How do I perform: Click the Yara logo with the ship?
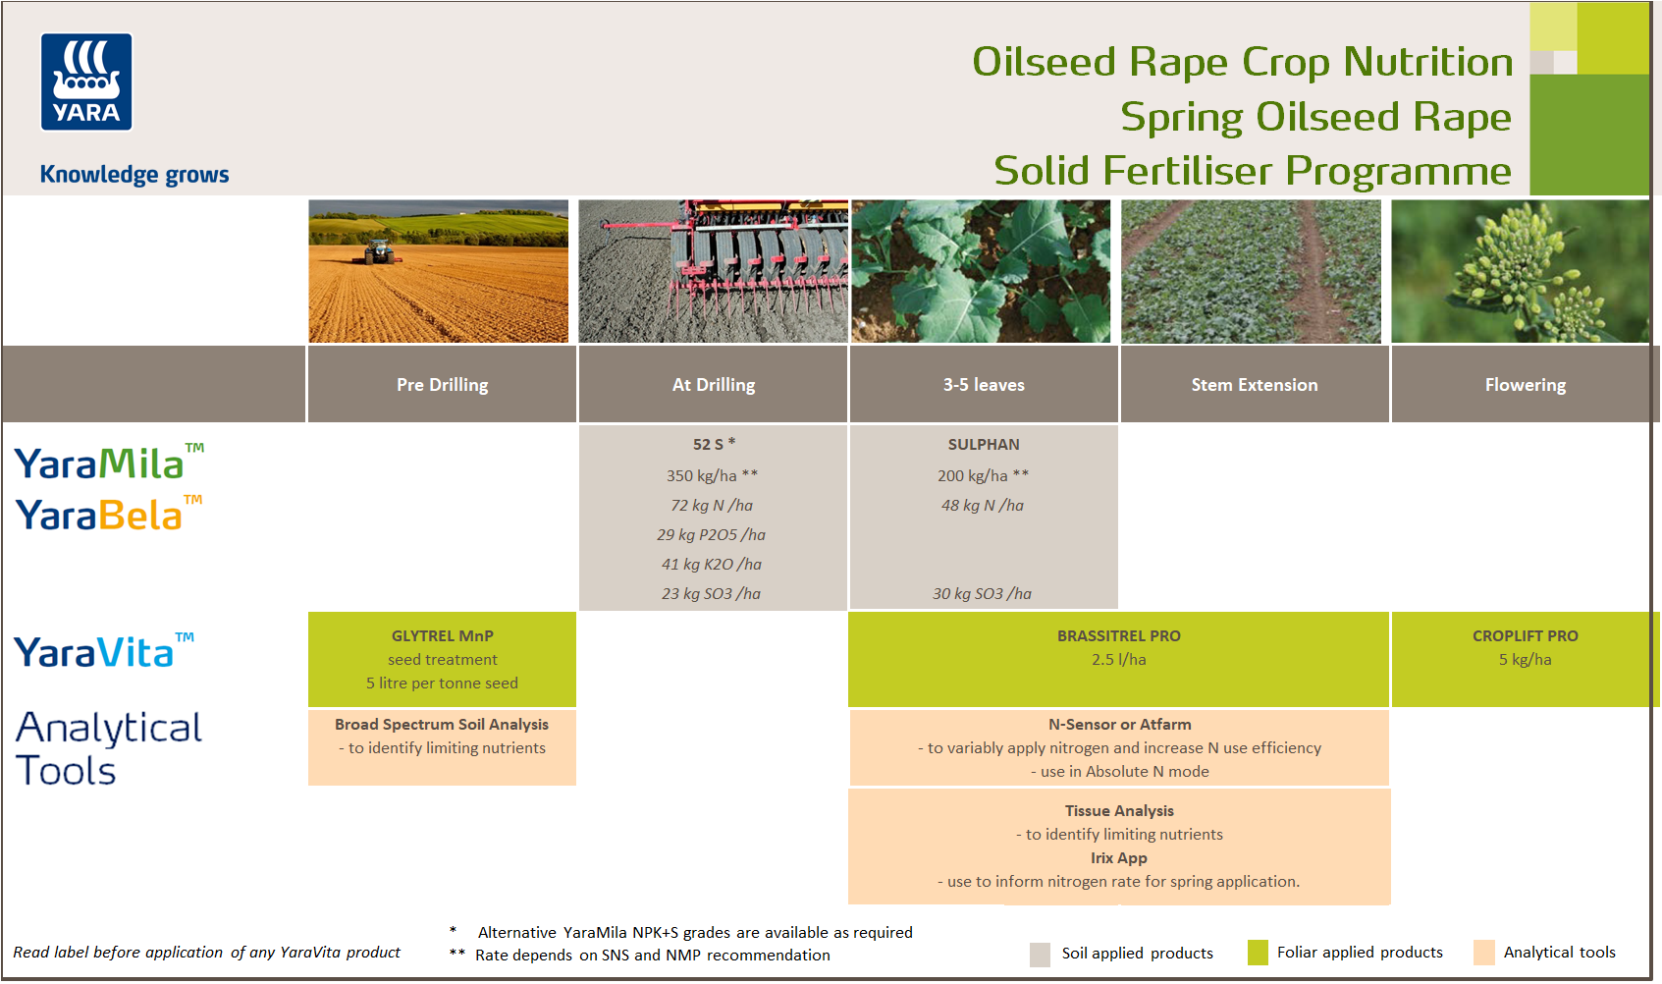coord(86,82)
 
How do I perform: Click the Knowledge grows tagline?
coord(134,175)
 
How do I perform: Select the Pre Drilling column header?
coord(442,385)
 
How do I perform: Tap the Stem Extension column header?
coord(1254,385)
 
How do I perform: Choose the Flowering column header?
coord(1525,385)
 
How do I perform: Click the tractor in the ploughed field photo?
coord(378,252)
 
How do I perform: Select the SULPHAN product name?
coord(983,445)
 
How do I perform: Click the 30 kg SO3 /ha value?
coord(982,594)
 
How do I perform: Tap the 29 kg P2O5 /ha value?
coord(711,535)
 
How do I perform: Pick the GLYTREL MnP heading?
coord(442,636)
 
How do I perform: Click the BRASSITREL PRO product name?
coord(1118,636)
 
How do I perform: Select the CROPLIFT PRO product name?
coord(1525,636)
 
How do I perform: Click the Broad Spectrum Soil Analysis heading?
coord(442,725)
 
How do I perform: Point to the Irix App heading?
coord(1118,858)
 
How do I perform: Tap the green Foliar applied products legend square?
coord(1258,953)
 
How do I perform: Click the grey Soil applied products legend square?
coord(1040,955)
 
